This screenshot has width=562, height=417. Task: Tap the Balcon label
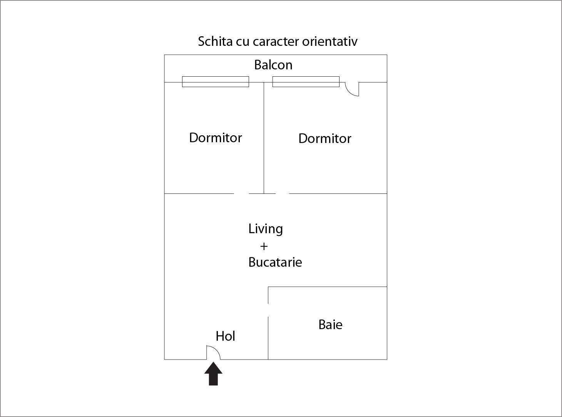coord(273,65)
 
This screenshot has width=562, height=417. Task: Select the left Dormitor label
coord(216,138)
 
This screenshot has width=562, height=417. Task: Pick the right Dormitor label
coord(325,138)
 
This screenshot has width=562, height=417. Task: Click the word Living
coord(266,229)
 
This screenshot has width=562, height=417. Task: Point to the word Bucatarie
coord(275,262)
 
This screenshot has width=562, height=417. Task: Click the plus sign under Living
coord(264,246)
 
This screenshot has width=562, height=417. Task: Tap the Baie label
coord(330,325)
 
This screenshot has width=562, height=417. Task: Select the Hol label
coord(225,336)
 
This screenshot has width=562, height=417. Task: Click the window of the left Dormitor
coord(216,82)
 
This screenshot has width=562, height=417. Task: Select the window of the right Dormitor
coord(306,82)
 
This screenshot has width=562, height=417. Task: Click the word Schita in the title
coord(215,41)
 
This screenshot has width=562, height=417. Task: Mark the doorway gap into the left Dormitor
coord(241,193)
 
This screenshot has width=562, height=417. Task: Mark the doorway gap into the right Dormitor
coord(282,193)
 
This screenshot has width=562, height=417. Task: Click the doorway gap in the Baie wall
coord(268,310)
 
